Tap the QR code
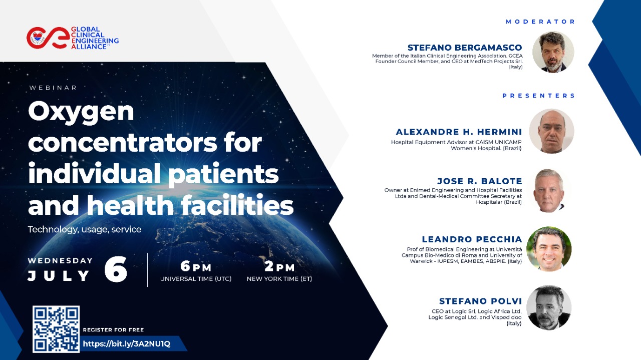tap(56, 329)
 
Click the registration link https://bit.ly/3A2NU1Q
tap(127, 343)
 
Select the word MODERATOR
tap(540, 22)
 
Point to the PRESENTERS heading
tap(538, 96)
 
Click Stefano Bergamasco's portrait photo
tap(553, 52)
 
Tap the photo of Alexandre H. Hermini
tap(551, 131)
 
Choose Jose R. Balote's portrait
tap(549, 191)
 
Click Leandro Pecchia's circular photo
tap(549, 249)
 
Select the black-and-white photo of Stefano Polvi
tap(549, 307)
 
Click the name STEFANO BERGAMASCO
tap(465, 48)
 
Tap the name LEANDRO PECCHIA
tap(472, 239)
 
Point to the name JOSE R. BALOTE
tap(480, 181)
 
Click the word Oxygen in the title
tap(81, 112)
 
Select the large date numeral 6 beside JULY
tap(116, 269)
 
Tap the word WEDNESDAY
tap(60, 261)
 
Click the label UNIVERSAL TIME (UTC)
tap(196, 279)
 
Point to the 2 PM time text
tap(279, 266)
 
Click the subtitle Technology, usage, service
tap(85, 229)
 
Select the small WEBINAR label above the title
tap(53, 88)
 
